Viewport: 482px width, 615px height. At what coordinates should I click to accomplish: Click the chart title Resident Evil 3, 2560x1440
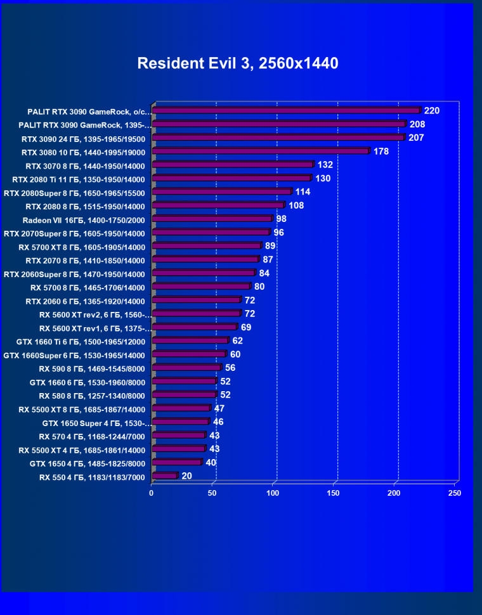click(238, 63)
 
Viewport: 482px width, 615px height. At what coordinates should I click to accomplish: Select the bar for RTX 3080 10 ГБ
click(260, 152)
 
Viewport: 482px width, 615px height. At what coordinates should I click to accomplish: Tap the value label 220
click(432, 111)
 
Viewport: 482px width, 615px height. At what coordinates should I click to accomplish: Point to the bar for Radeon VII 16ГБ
click(212, 219)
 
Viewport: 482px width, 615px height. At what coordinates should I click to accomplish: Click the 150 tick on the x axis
click(334, 493)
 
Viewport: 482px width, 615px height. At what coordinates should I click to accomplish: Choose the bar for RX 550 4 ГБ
click(164, 476)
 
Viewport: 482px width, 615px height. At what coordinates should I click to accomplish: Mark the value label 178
click(381, 152)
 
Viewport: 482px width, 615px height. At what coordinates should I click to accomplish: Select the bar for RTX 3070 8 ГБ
click(232, 165)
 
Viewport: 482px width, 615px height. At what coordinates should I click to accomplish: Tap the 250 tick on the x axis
click(454, 493)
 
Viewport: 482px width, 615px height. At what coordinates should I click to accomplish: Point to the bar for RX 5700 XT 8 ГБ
click(206, 246)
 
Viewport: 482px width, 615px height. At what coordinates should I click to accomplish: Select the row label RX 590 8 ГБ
click(92, 368)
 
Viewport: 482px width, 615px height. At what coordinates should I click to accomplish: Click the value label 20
click(186, 476)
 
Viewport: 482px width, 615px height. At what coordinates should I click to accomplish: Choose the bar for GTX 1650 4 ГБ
click(176, 463)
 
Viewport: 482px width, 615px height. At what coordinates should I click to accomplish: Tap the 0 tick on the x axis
click(152, 493)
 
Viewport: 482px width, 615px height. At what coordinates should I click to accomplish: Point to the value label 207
click(416, 138)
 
